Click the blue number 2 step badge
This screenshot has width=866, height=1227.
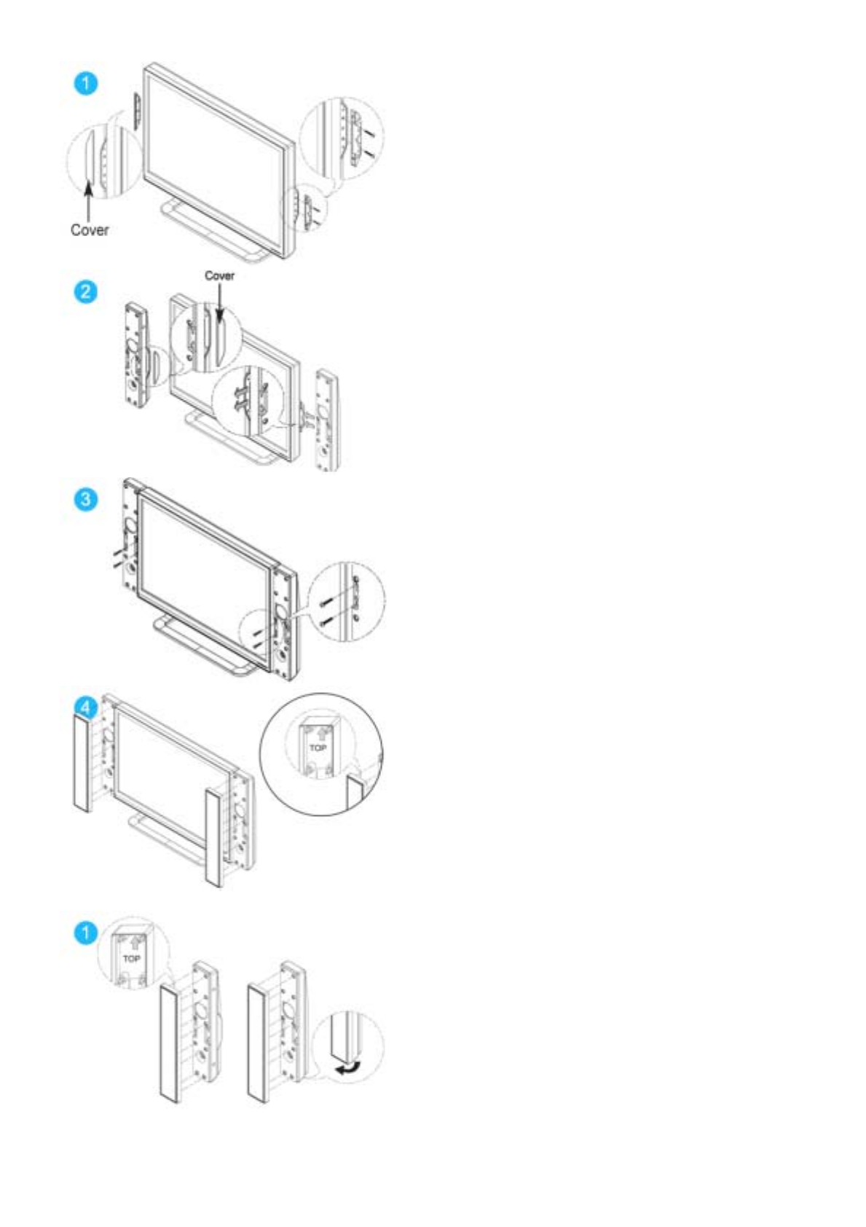[86, 291]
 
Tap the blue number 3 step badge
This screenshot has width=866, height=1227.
[86, 500]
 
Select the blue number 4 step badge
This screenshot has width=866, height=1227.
[86, 707]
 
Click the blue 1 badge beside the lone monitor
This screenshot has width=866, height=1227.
[86, 83]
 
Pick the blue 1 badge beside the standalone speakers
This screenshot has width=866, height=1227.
[86, 933]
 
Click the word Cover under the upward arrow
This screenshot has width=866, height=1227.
[90, 230]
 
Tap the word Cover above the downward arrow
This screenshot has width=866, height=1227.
[219, 275]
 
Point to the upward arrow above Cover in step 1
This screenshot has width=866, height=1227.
[89, 200]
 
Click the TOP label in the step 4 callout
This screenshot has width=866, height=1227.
[318, 748]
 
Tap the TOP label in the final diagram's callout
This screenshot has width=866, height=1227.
[132, 958]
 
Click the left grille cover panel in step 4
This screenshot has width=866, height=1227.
[82, 763]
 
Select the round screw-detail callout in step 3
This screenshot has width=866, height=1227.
[346, 601]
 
